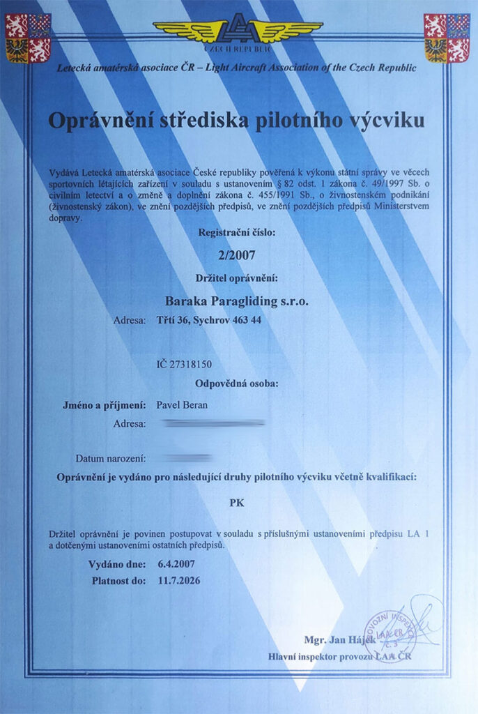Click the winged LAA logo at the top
[x=238, y=31]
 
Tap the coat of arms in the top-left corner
[x=28, y=38]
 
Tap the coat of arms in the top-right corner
[x=447, y=38]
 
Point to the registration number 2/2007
[x=237, y=256]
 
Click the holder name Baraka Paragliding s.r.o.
[x=237, y=301]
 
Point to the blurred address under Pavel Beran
[x=213, y=423]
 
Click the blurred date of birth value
[x=185, y=458]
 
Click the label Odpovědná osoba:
[x=237, y=383]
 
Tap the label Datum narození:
[x=111, y=459]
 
